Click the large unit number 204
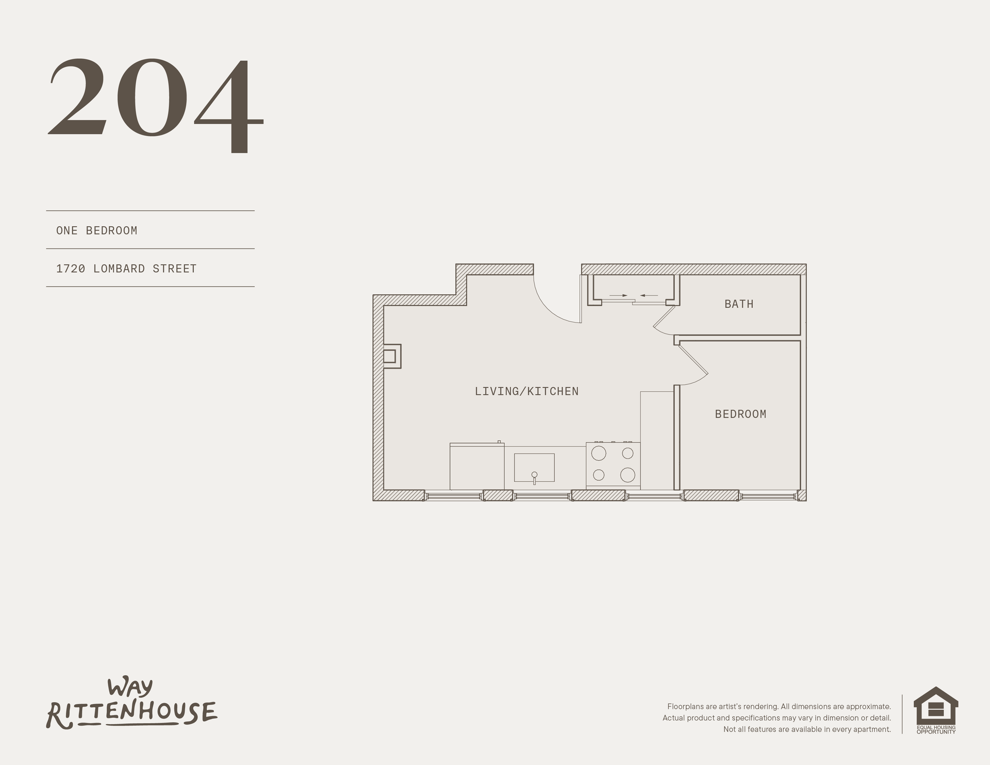pos(156,105)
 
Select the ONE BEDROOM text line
pos(97,230)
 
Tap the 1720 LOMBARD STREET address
pos(126,269)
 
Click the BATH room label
pos(739,304)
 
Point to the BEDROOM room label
pos(740,414)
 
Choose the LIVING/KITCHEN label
pos(526,391)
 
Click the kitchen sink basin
pos(534,468)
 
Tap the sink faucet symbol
pos(534,477)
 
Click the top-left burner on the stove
pos(599,453)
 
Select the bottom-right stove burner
pos(628,475)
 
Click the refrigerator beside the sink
pos(477,466)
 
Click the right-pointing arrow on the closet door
pos(618,295)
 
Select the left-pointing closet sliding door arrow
pos(649,295)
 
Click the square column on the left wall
pos(392,356)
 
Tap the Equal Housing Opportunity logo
pos(936,710)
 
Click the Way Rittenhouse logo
pos(132,704)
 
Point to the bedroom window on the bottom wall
pos(768,496)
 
